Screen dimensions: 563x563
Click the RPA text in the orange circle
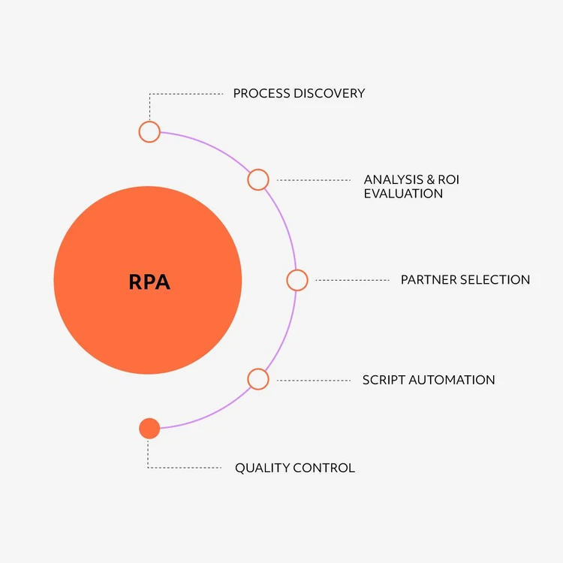point(149,282)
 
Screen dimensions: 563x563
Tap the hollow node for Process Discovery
point(149,131)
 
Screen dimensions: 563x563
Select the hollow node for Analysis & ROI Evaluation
point(257,179)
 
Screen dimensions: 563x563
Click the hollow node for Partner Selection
point(297,280)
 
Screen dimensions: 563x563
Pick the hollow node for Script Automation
point(257,379)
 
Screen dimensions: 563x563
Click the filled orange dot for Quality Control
point(149,429)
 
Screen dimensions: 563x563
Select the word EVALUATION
point(403,194)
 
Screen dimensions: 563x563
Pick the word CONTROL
point(324,468)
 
